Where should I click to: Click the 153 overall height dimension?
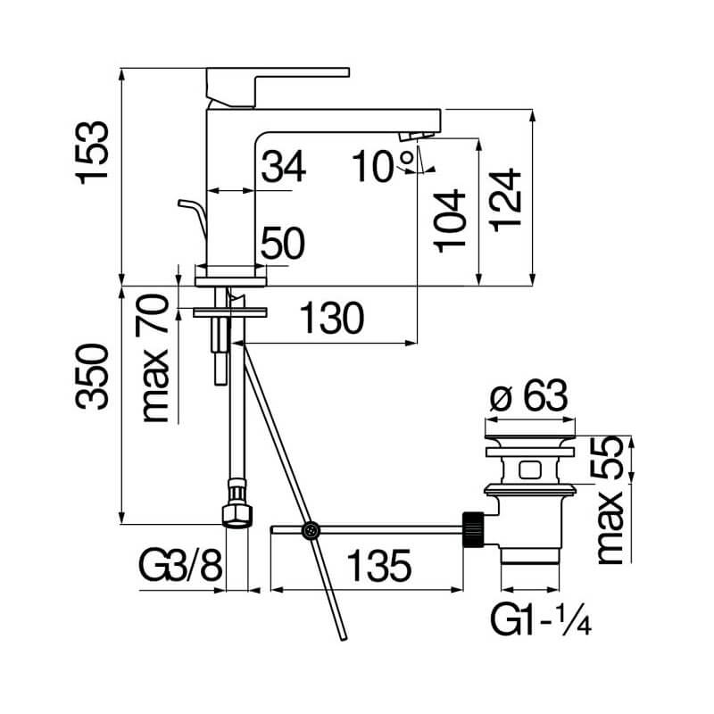coord(94,153)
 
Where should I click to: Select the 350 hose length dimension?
coord(93,377)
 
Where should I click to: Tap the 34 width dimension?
coord(283,166)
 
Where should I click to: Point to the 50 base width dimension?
coord(283,243)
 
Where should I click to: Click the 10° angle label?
coord(383,166)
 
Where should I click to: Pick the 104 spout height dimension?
coord(451,220)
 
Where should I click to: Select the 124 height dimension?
coord(506,200)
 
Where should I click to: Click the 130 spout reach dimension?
coord(332,318)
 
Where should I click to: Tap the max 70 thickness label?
coord(154,358)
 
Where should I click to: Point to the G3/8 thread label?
coord(180,566)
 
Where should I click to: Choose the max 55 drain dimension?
coord(610,500)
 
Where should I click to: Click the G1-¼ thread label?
coord(541,619)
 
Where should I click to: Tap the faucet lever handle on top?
coord(278,87)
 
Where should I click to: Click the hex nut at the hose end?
coord(237,515)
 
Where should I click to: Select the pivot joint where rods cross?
coord(311,530)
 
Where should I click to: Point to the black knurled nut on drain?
coord(473,529)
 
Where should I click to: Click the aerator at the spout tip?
coord(416,136)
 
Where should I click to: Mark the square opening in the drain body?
coord(529,469)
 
